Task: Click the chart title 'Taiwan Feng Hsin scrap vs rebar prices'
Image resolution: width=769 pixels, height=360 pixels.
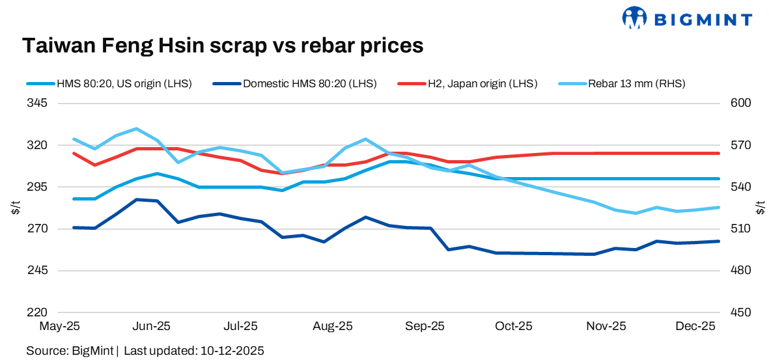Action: (223, 46)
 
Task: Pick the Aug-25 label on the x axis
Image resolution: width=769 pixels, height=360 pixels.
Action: (333, 325)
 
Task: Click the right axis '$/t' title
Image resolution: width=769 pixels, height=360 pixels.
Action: (760, 208)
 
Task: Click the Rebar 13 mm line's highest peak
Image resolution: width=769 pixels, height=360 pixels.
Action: (136, 129)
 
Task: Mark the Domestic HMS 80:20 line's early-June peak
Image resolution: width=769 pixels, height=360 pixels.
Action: (136, 200)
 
